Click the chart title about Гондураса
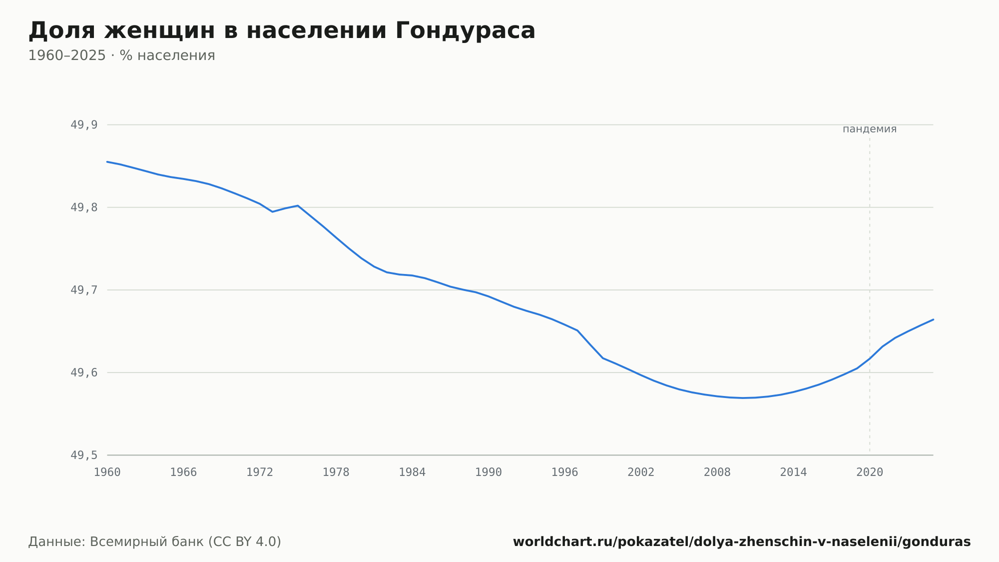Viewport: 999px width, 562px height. pos(282,31)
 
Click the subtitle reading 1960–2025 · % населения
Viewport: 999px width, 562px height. pos(121,55)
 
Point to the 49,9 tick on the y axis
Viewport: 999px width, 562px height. pos(84,125)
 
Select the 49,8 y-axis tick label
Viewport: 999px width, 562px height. pos(84,207)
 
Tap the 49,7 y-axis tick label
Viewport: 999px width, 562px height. pos(84,290)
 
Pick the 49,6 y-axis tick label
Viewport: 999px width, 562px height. pos(84,372)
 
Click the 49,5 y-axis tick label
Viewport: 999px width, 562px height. pos(84,455)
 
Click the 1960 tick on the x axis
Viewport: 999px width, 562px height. pos(107,472)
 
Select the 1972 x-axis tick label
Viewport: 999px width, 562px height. pos(260,472)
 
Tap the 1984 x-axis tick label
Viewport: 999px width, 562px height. pos(412,472)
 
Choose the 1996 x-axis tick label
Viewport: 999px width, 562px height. pos(565,472)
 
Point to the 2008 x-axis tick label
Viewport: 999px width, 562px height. pos(717,472)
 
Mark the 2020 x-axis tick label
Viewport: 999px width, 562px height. pos(870,472)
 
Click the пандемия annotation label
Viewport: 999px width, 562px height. pos(870,129)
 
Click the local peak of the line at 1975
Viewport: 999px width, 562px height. pos(298,205)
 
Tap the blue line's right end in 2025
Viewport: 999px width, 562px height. pos(933,319)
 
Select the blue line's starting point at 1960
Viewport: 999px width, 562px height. pos(107,161)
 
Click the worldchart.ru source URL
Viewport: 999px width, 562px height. pos(742,542)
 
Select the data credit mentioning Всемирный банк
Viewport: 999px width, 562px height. pos(155,542)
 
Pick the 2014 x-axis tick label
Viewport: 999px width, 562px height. pos(794,472)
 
